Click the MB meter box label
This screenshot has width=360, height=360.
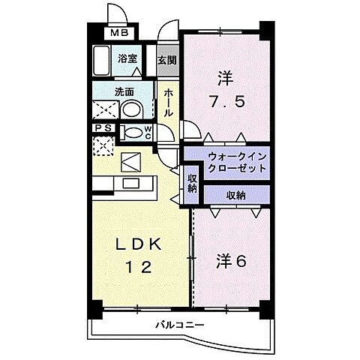[x=121, y=33]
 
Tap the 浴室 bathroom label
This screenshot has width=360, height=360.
[x=127, y=57]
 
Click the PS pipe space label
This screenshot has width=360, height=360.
[x=103, y=128]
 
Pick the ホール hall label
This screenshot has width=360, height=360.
[x=169, y=100]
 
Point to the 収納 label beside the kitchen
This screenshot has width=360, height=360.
[x=192, y=183]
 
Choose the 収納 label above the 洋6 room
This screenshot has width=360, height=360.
[x=235, y=195]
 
